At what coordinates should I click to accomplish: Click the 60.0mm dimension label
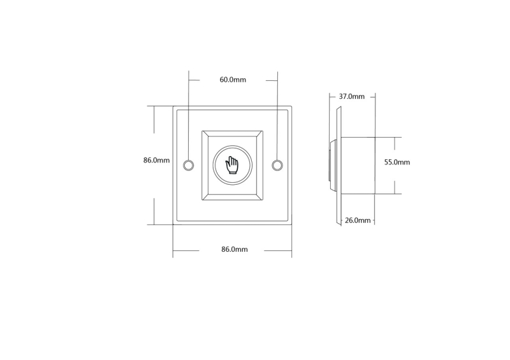[x=233, y=80]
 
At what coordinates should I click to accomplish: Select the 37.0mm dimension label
[x=352, y=96]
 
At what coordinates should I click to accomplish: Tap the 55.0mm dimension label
[x=397, y=162]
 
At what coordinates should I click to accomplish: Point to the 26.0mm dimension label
[x=358, y=220]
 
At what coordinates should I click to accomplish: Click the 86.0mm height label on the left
[x=156, y=160]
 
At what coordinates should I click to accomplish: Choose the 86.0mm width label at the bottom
[x=235, y=249]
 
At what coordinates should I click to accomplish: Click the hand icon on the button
[x=232, y=165]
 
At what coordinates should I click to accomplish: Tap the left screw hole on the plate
[x=188, y=165]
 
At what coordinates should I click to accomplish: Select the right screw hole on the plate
[x=277, y=165]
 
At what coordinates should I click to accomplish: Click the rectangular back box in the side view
[x=358, y=166]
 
